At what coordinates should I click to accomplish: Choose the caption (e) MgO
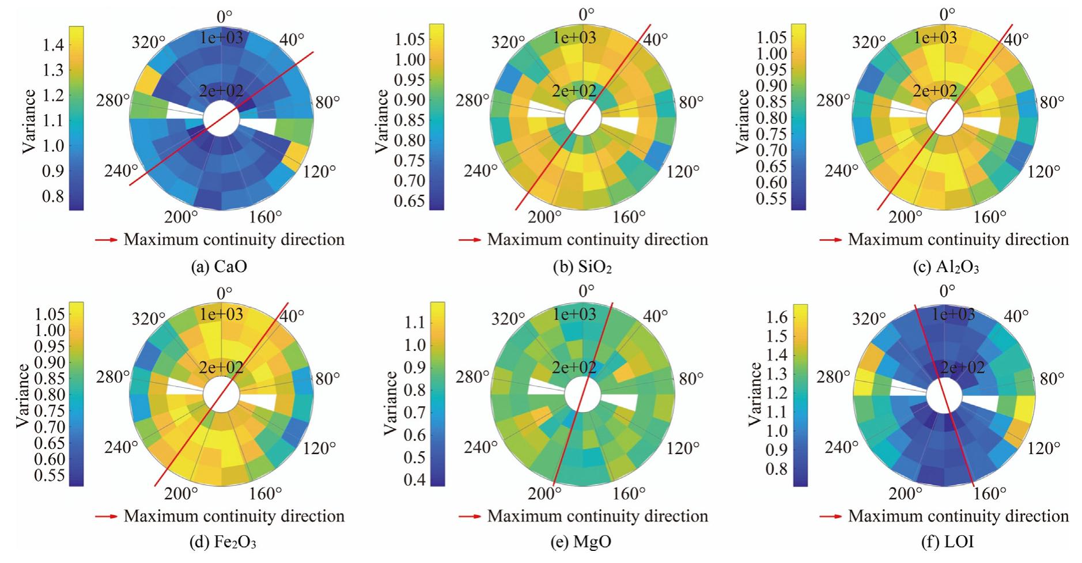pos(584,542)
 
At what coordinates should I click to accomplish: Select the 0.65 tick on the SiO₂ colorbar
pos(409,201)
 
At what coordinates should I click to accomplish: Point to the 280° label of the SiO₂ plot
pos(472,101)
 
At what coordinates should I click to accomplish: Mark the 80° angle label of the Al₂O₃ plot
pos(1051,102)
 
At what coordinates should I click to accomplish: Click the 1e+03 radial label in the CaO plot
pos(221,38)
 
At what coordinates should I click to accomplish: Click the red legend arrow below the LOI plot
pos(830,516)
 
